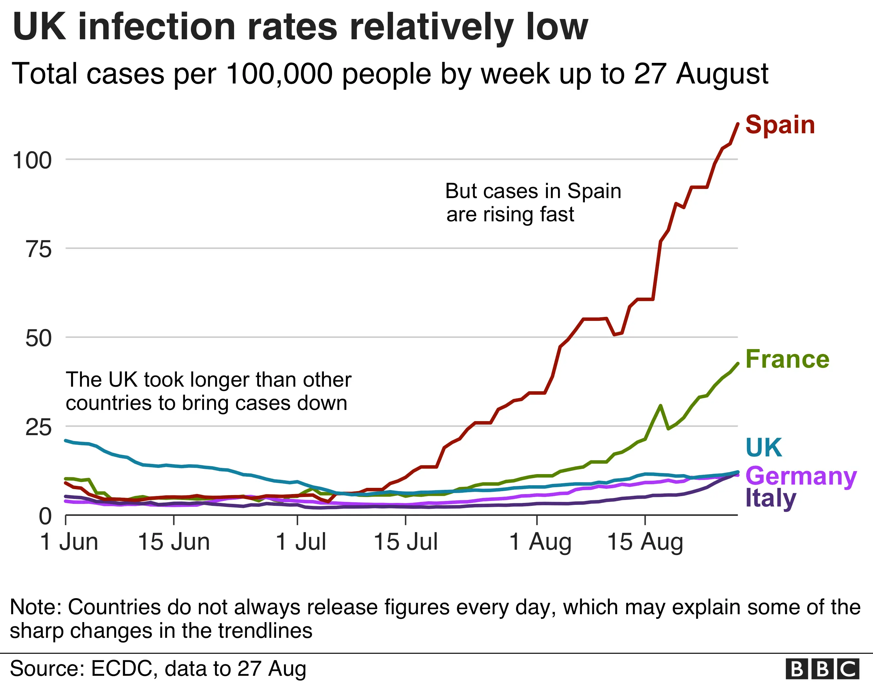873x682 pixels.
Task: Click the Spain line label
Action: click(780, 125)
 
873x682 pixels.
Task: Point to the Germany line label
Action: click(801, 476)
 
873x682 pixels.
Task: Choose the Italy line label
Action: click(771, 499)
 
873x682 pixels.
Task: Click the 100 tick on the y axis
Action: click(32, 160)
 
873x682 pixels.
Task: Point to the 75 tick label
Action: click(39, 249)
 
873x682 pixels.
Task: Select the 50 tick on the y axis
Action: click(39, 339)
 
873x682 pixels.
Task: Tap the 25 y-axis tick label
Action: click(39, 428)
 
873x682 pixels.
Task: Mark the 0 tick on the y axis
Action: click(46, 517)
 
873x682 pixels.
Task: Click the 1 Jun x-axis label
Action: click(69, 542)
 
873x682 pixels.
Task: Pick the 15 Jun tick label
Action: click(174, 542)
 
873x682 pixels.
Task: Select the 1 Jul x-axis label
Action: click(301, 542)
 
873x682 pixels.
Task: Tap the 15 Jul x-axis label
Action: click(406, 542)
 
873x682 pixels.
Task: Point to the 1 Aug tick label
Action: click(540, 542)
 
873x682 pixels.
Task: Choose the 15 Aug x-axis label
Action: click(645, 542)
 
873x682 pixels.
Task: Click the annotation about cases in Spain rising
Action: click(533, 203)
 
